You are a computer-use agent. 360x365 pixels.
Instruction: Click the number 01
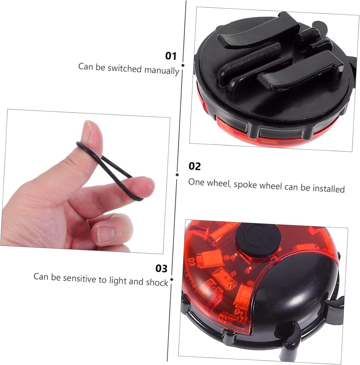tap(171, 56)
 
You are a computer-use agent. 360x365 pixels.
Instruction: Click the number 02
tap(194, 166)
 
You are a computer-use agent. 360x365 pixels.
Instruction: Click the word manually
tap(162, 71)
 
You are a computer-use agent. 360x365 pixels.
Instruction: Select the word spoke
tap(245, 185)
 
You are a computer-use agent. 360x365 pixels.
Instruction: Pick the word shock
tap(157, 283)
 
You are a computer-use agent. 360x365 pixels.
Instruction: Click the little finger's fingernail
tap(106, 235)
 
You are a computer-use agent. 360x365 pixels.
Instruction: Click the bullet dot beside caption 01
tap(183, 65)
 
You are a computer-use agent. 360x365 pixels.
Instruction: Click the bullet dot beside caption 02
tap(177, 175)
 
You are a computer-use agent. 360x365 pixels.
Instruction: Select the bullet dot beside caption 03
tap(172, 280)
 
